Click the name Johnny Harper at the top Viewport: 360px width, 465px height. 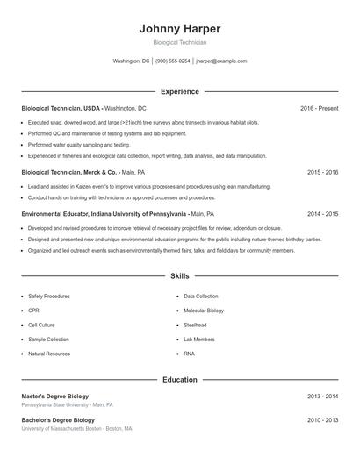click(179, 28)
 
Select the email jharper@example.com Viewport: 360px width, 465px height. click(221, 61)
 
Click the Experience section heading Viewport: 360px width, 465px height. click(179, 91)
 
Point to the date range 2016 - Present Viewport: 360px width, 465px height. click(319, 108)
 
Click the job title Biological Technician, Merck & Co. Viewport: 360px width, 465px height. click(70, 173)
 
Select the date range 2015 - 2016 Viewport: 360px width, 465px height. click(322, 173)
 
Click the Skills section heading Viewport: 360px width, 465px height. click(179, 275)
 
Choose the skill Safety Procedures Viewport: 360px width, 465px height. click(49, 297)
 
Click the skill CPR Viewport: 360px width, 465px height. click(34, 311)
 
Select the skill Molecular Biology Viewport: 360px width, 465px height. click(204, 311)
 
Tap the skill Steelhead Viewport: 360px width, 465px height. click(195, 325)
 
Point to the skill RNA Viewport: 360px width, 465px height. click(189, 354)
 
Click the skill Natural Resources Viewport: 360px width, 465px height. click(49, 354)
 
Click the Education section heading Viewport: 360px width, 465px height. click(179, 380)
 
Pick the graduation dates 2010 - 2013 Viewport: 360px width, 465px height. click(322, 420)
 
